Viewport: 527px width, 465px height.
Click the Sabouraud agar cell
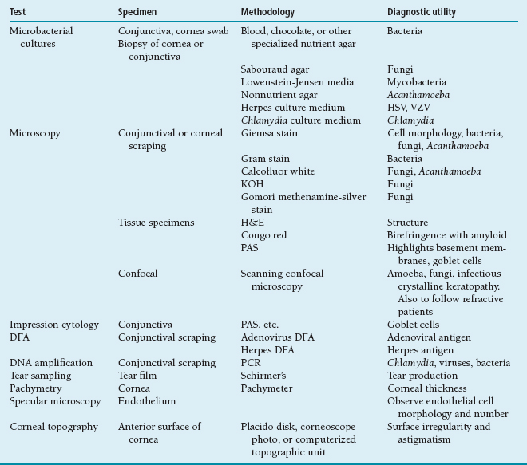point(275,69)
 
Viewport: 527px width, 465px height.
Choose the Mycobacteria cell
point(417,82)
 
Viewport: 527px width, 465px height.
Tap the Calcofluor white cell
point(278,171)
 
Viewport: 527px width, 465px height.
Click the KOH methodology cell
point(252,184)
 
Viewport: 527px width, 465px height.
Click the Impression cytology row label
point(54,325)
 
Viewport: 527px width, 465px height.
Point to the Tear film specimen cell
point(139,376)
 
